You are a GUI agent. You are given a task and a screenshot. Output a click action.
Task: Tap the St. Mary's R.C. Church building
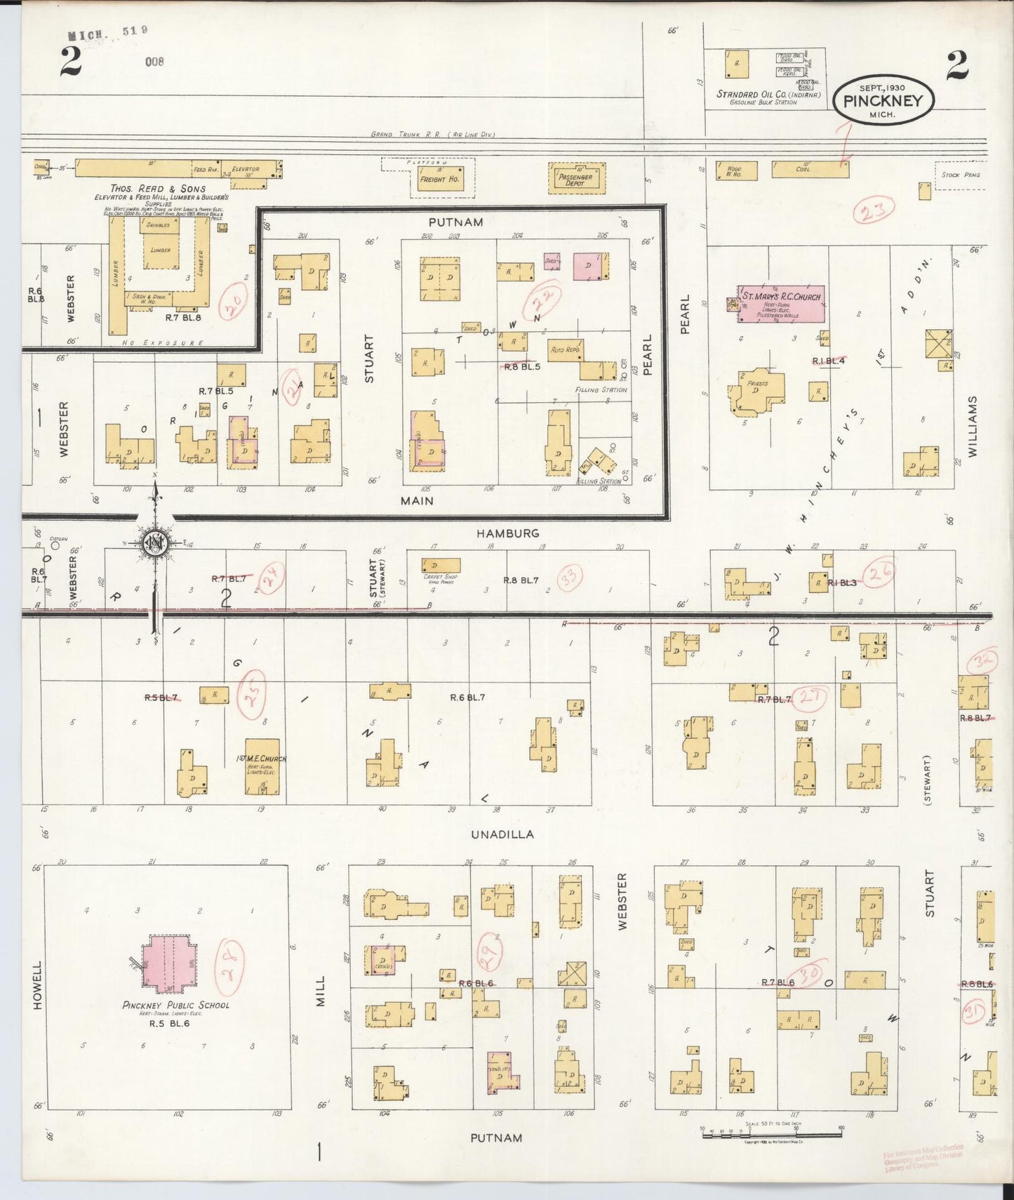tap(780, 303)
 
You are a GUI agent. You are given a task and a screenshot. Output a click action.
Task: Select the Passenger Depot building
tap(576, 178)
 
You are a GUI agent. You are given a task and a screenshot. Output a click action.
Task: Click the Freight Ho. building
tap(439, 179)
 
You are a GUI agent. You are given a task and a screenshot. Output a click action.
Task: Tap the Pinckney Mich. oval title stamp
tap(883, 102)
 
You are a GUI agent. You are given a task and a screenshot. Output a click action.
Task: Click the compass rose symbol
tap(154, 542)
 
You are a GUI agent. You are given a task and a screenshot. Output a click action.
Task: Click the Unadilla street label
tap(502, 834)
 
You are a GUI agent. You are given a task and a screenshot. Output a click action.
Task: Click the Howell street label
tap(38, 985)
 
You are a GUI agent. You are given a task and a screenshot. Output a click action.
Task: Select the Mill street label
tap(320, 990)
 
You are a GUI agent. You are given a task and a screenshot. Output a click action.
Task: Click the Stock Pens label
tap(961, 175)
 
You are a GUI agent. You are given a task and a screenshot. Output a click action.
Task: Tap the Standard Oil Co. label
tap(768, 94)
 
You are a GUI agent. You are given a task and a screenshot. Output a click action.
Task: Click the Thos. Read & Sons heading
tap(158, 188)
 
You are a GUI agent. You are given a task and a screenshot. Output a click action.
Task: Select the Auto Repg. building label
tap(564, 349)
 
